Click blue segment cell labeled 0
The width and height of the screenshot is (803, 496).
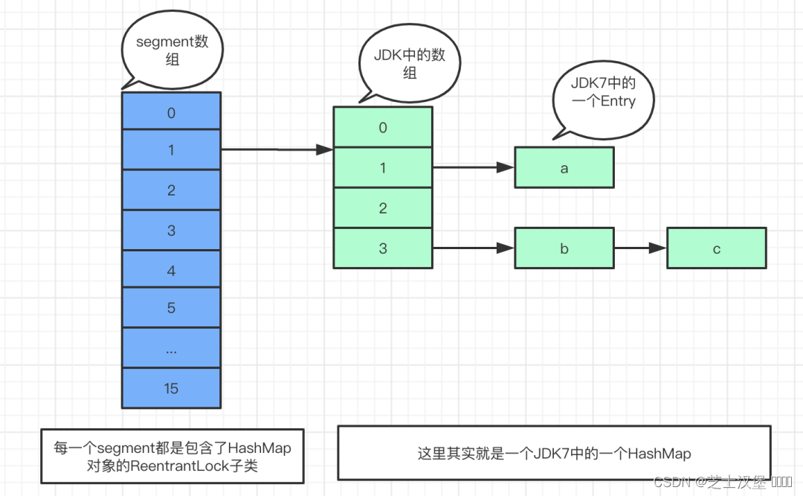point(171,112)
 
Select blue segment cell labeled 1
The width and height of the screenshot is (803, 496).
point(171,150)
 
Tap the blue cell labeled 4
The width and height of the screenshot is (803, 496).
point(171,271)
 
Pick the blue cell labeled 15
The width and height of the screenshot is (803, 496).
point(171,388)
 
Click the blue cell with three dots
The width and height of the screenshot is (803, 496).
point(171,348)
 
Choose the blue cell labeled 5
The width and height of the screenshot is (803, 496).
point(171,307)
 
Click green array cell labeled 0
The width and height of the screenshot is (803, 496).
point(382,127)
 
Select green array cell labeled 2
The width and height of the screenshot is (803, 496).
point(382,208)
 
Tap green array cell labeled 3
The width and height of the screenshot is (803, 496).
point(382,248)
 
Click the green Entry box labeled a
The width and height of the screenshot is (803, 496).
point(564,168)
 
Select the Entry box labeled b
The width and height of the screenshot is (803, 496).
point(564,248)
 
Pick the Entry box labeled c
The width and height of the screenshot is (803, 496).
point(716,248)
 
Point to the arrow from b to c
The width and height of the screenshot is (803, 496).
point(639,248)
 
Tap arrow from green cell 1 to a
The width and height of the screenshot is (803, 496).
point(473,168)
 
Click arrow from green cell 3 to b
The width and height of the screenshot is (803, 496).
point(473,248)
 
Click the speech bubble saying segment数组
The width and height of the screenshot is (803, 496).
point(172,49)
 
